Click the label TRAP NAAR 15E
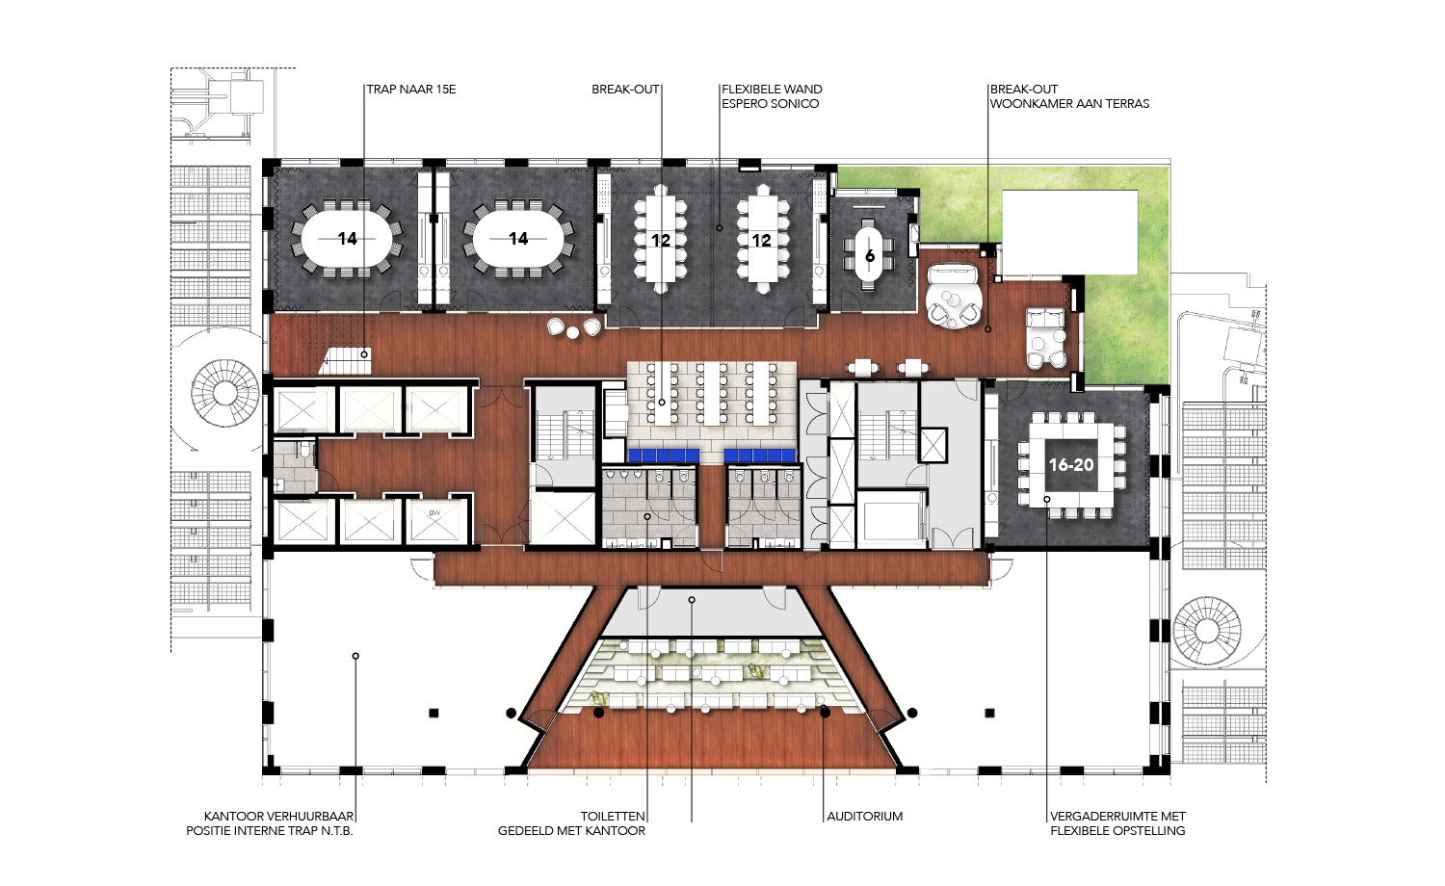411,89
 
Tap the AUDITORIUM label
864,817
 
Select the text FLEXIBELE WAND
772,89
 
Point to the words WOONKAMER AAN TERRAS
1069,103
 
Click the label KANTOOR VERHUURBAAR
278,817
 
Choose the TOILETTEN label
613,817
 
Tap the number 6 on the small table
870,256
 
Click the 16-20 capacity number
1071,464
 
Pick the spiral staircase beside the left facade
223,393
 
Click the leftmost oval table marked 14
347,239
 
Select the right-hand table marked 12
762,239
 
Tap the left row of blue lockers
664,456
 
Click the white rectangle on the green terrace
1069,231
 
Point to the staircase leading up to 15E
346,361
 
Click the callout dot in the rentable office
355,656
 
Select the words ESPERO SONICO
771,103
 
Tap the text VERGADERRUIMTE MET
1117,817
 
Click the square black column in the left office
433,713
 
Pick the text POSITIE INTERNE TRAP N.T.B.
270,830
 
